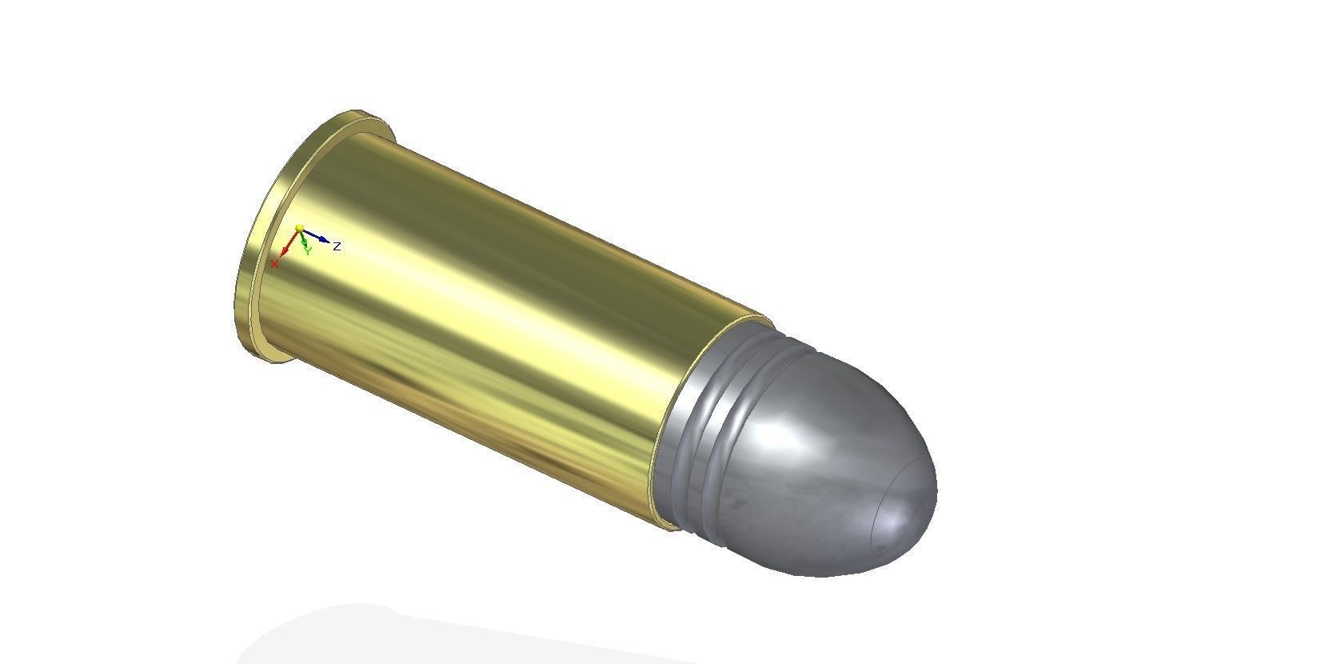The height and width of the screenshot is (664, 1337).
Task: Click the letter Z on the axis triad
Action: tap(337, 246)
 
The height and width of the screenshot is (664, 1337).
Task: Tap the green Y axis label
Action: tap(307, 250)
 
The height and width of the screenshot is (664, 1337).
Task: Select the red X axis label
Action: tap(275, 263)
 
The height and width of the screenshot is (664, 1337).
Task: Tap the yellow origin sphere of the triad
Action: tap(299, 228)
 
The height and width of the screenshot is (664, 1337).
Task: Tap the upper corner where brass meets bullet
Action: tap(760, 319)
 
